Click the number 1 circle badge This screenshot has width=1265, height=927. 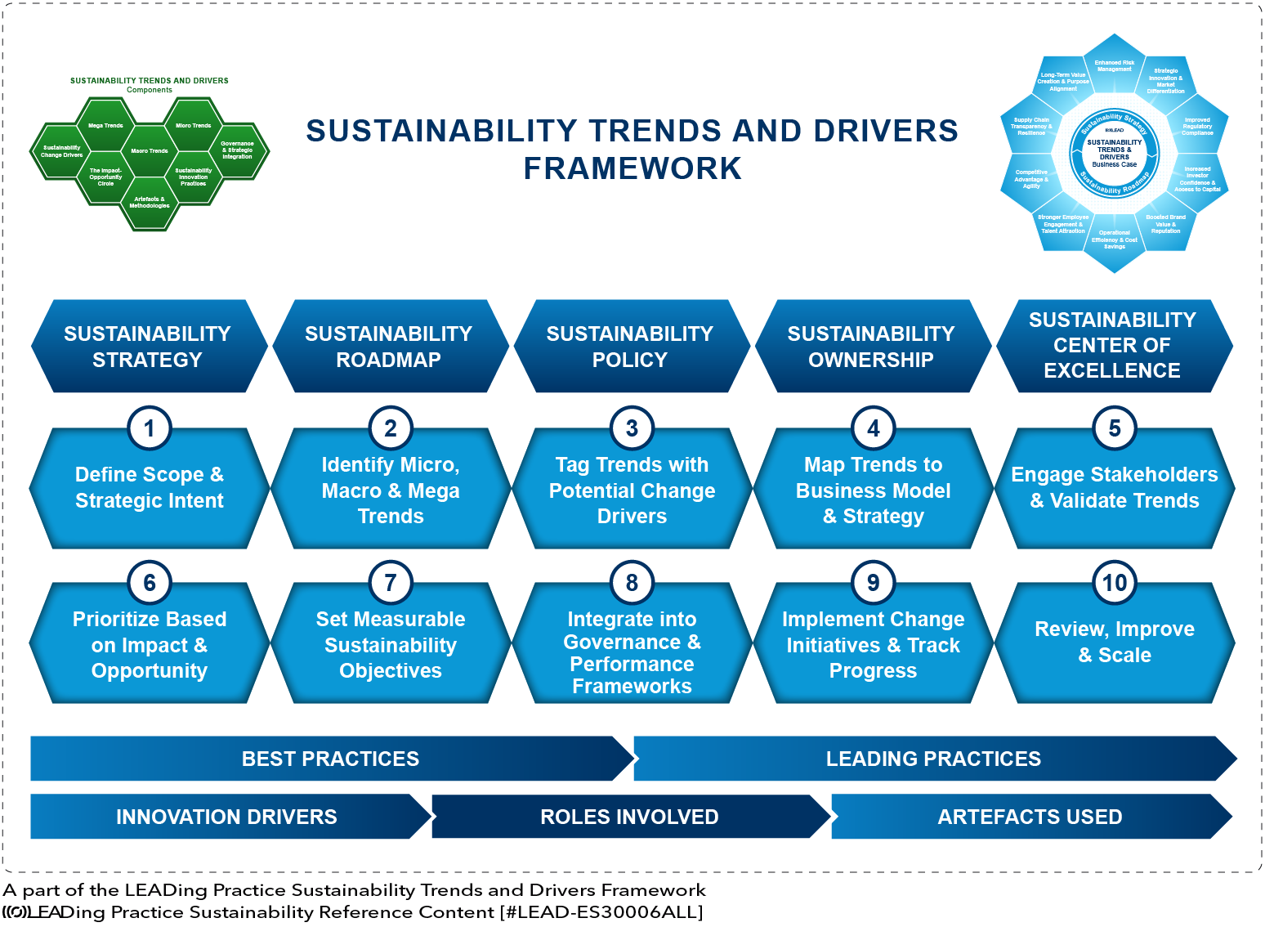(150, 428)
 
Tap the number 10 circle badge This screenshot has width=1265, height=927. (1115, 583)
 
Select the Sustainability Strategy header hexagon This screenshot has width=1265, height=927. (148, 347)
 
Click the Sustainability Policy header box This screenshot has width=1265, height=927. (630, 347)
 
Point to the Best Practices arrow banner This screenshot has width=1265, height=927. (331, 759)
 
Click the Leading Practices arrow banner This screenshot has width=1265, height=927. (933, 759)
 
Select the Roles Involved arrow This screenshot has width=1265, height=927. (629, 817)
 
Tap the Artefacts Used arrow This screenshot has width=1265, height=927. (1030, 817)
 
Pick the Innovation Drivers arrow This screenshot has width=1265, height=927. (226, 817)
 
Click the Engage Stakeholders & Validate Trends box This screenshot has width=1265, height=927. (1115, 489)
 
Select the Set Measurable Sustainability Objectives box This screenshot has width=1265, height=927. (391, 646)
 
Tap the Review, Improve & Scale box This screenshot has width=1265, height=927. (1115, 643)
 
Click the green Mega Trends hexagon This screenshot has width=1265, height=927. (105, 125)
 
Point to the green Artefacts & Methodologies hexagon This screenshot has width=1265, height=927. (150, 203)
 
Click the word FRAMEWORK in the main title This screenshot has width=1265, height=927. (632, 168)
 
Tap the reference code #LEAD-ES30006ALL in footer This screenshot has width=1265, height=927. (601, 912)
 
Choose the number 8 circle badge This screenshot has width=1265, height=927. (632, 583)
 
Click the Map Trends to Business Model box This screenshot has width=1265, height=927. (873, 490)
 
